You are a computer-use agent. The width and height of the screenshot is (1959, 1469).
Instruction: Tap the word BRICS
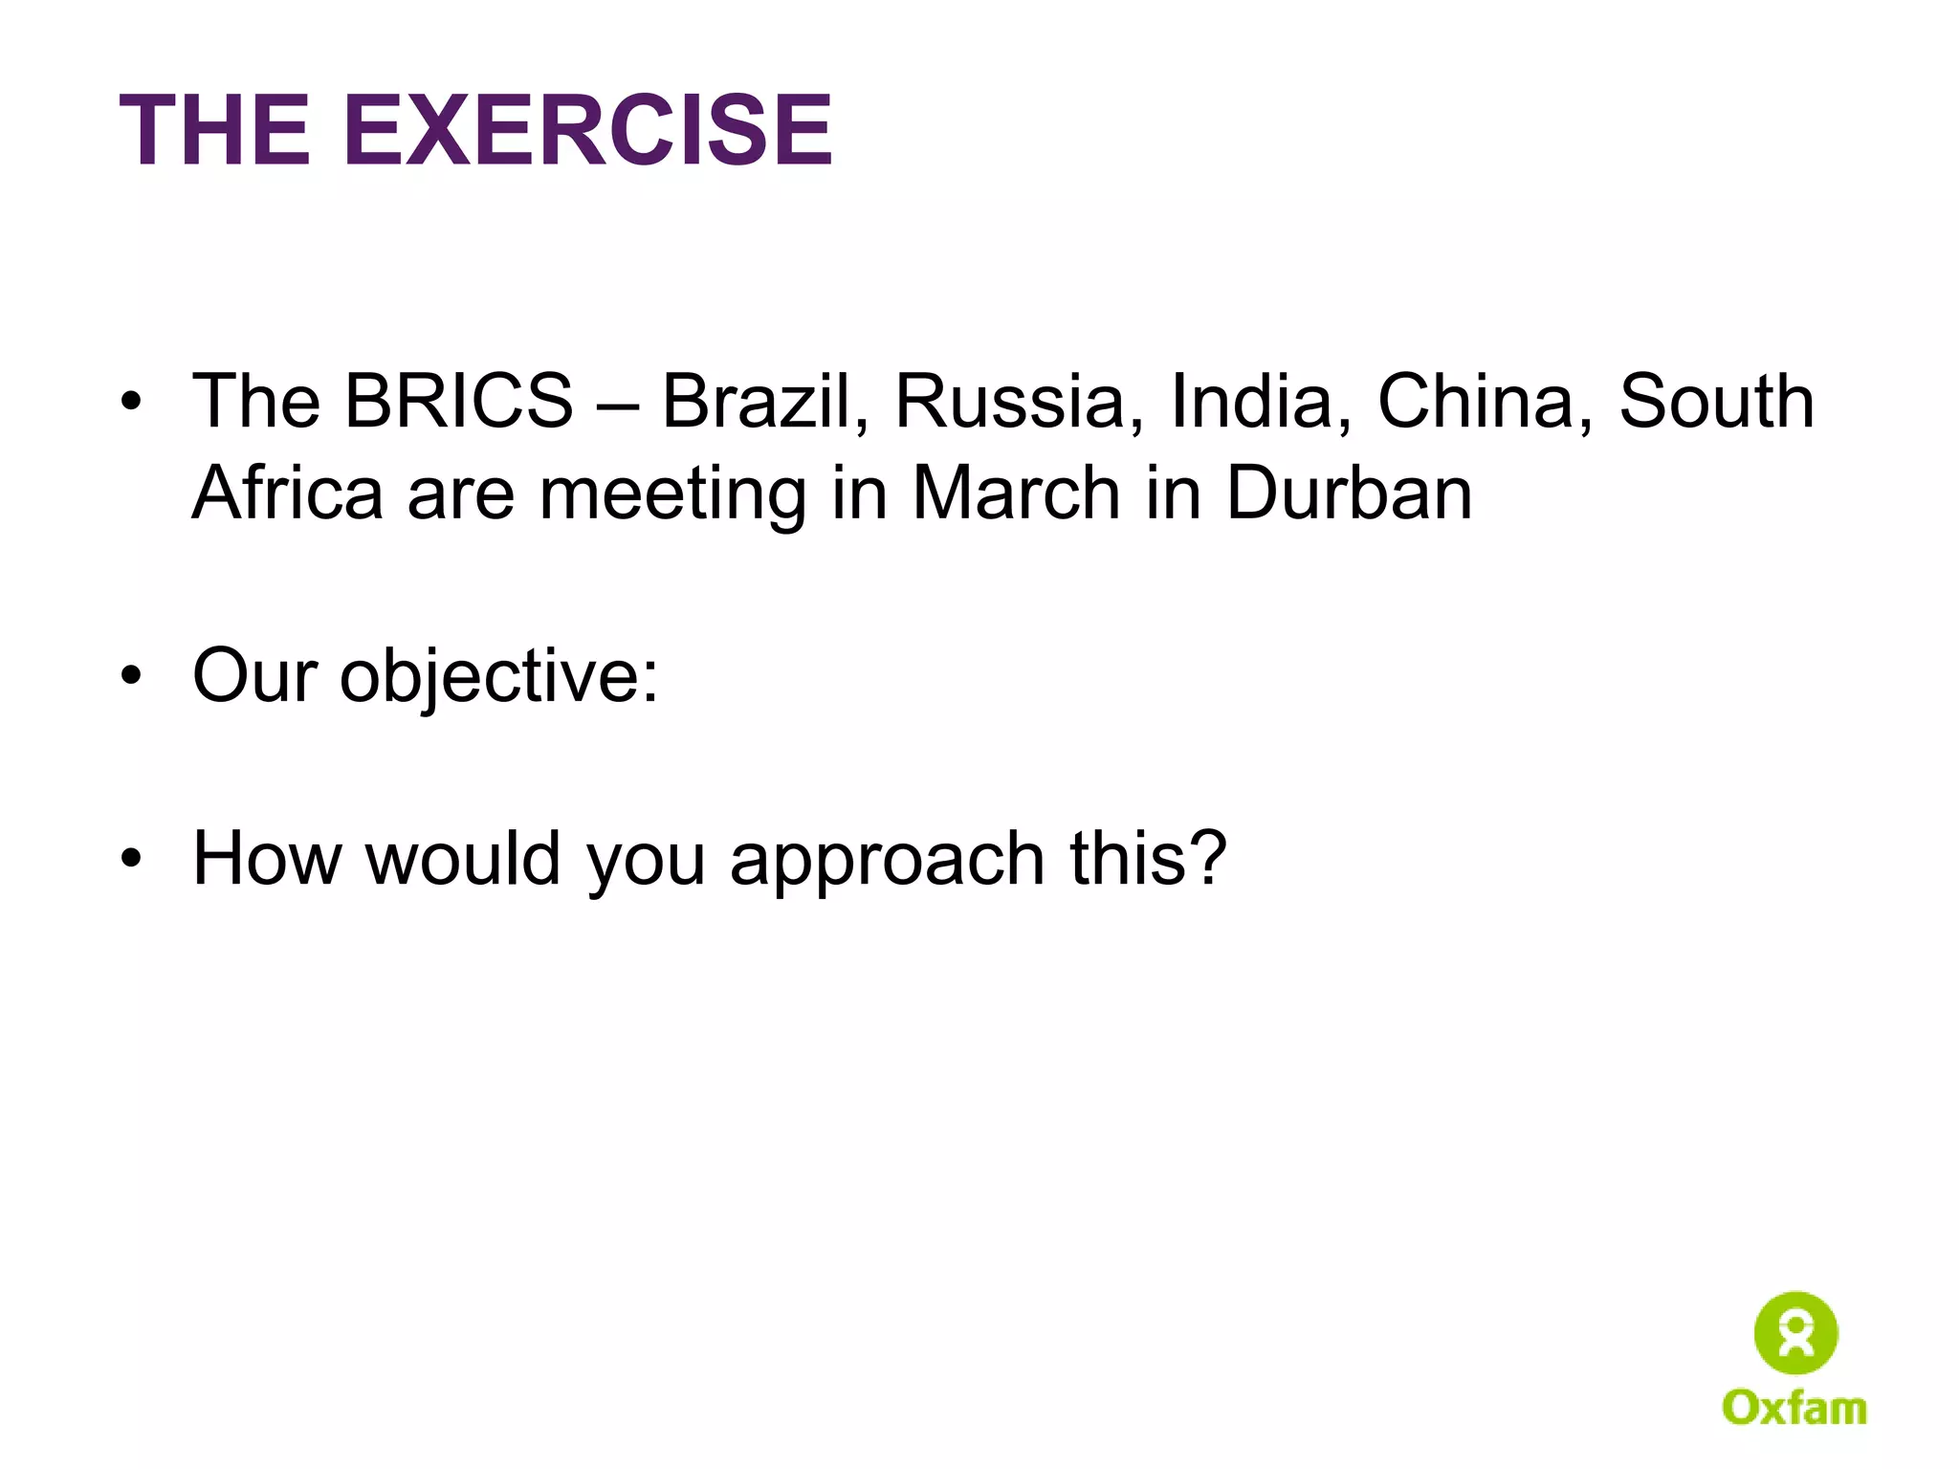459,401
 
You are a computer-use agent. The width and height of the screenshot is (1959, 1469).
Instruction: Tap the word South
1716,401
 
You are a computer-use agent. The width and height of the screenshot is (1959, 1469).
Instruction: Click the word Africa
288,493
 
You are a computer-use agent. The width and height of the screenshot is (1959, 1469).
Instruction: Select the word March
1016,493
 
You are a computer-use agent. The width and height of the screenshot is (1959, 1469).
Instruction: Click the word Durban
1349,493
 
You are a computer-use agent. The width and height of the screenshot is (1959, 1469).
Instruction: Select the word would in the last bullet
463,858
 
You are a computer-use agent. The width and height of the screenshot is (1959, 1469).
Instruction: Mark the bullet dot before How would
131,859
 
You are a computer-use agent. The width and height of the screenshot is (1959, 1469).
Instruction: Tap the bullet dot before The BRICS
131,402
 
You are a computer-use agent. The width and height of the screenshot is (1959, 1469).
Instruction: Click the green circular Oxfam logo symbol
1795,1332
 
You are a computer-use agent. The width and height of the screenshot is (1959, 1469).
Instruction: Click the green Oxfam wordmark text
1794,1408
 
